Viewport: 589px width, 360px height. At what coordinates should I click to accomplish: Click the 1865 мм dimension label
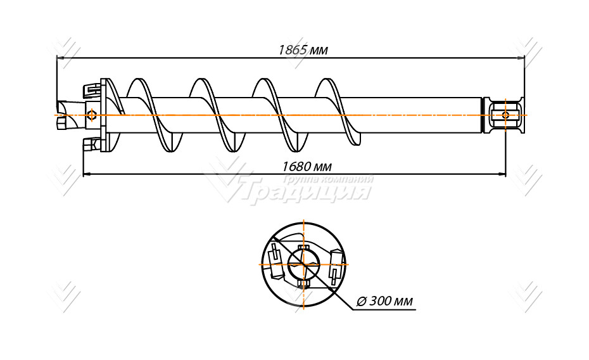303,50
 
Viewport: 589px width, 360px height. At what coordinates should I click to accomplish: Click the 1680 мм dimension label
307,166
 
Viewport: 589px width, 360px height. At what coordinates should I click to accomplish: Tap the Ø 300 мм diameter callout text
384,301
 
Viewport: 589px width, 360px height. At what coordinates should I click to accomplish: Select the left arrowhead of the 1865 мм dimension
60,58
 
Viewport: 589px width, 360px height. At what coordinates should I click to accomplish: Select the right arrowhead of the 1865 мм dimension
520,58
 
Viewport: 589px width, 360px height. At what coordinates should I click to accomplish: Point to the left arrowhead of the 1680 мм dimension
87,174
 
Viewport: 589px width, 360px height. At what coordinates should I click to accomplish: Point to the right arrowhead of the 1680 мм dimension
502,174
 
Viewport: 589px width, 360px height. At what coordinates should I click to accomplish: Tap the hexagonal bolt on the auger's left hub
91,115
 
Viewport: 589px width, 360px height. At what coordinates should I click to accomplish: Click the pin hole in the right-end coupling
505,115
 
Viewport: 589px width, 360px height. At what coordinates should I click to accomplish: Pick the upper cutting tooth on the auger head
91,90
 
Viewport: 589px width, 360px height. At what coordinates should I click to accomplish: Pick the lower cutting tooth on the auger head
91,143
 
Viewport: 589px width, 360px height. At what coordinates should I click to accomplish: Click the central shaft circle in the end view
303,264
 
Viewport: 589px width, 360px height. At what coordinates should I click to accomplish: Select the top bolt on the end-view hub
303,248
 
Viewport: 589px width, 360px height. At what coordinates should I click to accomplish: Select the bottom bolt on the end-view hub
303,284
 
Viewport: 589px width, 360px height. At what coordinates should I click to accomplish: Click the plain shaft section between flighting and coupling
421,115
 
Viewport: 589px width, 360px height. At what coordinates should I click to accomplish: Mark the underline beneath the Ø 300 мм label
384,310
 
